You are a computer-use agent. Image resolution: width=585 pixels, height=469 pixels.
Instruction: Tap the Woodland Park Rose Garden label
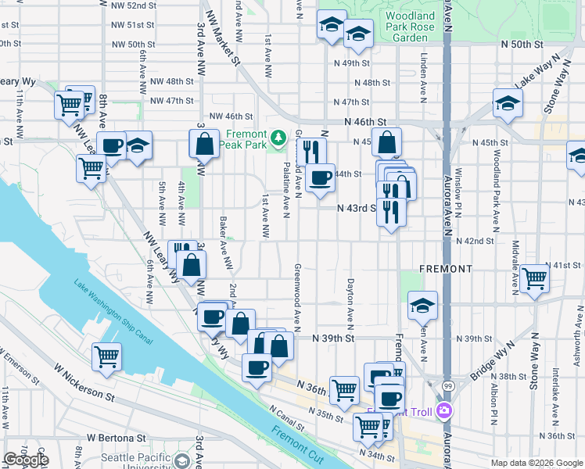410,27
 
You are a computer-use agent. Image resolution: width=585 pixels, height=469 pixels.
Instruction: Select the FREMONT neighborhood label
445,269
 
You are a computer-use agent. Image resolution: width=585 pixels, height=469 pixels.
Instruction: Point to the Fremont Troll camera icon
445,410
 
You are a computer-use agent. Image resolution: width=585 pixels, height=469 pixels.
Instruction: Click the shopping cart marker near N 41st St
535,277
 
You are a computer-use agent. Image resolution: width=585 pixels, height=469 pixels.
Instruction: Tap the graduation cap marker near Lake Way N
508,102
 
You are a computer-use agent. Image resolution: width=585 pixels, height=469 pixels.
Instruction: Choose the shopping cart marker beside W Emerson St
107,356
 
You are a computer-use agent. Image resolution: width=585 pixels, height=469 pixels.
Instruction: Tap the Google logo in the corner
26,460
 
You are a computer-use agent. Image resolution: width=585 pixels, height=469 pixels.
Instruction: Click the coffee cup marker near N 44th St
319,179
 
